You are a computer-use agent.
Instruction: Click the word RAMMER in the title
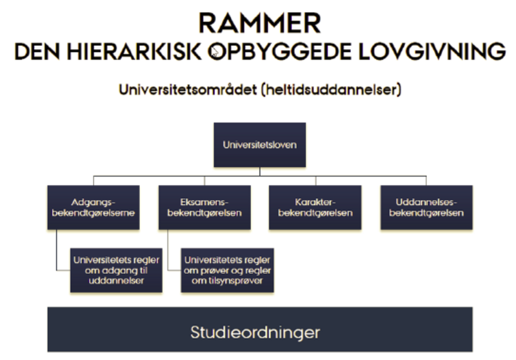click(x=260, y=23)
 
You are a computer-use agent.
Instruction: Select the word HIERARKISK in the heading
click(x=134, y=52)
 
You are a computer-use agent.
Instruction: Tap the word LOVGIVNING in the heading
click(x=432, y=52)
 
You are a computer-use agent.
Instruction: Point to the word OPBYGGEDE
click(x=279, y=52)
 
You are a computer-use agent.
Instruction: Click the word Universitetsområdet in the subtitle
click(x=188, y=90)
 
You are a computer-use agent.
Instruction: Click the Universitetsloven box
click(x=260, y=145)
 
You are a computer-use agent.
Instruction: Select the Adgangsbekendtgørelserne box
click(x=94, y=207)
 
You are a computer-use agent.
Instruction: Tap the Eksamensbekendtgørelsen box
click(x=204, y=207)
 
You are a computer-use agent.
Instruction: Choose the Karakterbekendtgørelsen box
click(x=315, y=207)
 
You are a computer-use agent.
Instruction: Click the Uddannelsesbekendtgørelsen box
click(x=426, y=207)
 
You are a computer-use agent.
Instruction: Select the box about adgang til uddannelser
click(x=116, y=270)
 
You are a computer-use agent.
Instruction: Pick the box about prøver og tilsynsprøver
click(x=228, y=270)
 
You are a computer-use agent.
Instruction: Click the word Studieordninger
click(x=255, y=332)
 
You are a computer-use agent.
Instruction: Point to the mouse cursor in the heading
click(x=215, y=52)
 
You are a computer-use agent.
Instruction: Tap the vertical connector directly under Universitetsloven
click(x=260, y=172)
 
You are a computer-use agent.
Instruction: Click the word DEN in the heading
click(x=37, y=52)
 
